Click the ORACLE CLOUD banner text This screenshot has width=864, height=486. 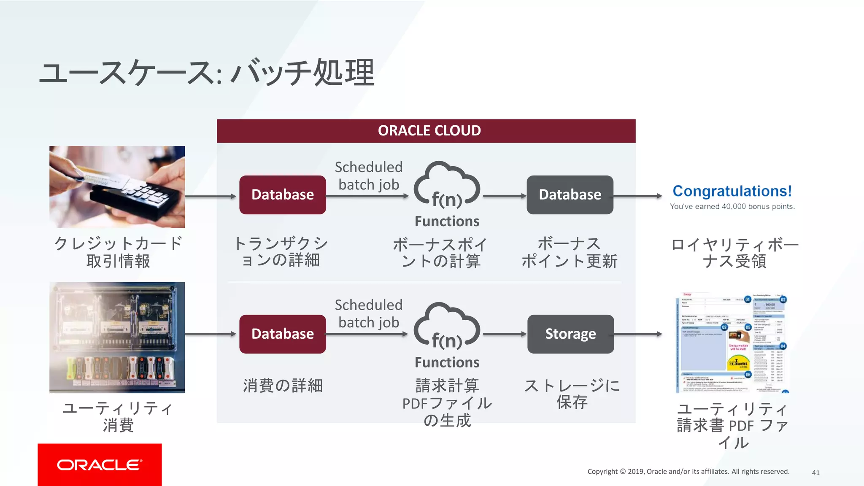tap(429, 131)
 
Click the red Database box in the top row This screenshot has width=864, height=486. tap(282, 195)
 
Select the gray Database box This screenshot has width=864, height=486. tap(570, 195)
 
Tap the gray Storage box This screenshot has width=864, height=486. tap(570, 334)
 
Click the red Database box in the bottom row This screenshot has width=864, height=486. tap(282, 334)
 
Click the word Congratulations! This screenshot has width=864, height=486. tap(732, 191)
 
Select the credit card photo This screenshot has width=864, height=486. tap(117, 187)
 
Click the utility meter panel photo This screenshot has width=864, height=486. tap(117, 337)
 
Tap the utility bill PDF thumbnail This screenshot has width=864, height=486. tap(732, 343)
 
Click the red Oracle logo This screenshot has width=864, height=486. tap(100, 464)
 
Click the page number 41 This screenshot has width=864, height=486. tap(815, 473)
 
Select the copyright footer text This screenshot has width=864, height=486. tap(688, 472)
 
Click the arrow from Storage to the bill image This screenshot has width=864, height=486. tap(638, 334)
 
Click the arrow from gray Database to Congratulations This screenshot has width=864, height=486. tap(638, 196)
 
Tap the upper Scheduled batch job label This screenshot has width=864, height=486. tap(368, 176)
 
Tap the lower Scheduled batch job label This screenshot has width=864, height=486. tap(368, 313)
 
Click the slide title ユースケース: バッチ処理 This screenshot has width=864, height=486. tap(207, 73)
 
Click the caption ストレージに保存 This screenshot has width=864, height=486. tap(572, 394)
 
